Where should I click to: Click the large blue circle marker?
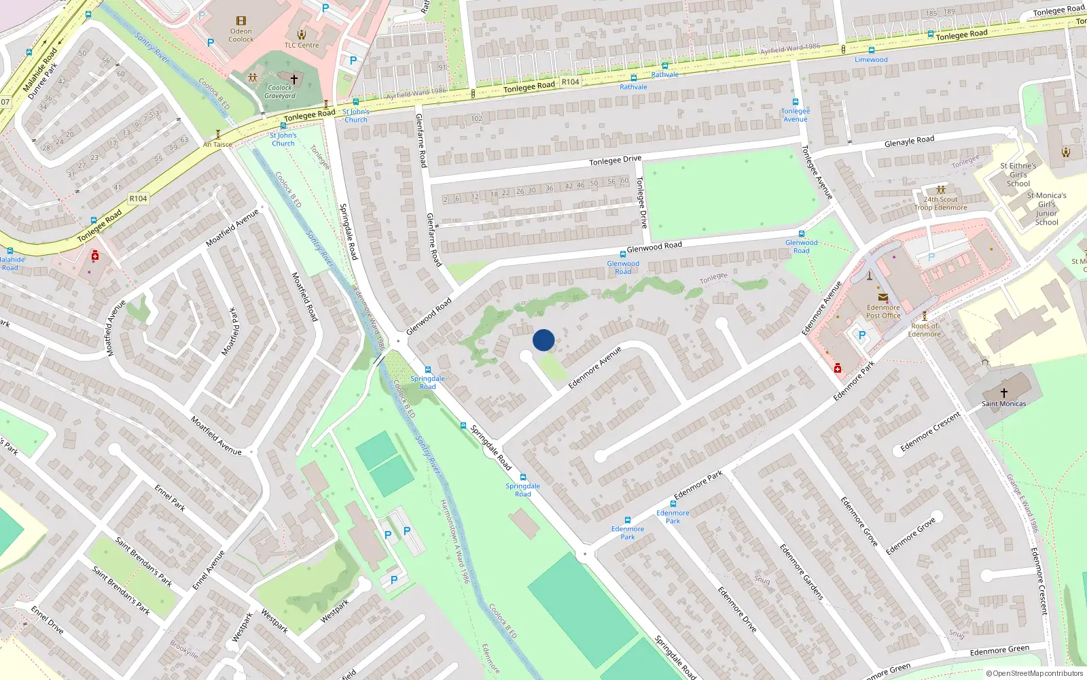[x=543, y=340]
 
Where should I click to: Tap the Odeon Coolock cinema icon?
[x=240, y=21]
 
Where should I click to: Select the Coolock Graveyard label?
[x=280, y=92]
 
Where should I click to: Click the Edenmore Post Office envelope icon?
[x=883, y=297]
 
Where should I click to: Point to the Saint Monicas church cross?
[x=1003, y=392]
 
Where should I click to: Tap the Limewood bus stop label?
[x=871, y=60]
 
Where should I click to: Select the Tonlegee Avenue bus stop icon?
[x=795, y=102]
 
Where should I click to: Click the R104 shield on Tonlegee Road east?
[x=570, y=82]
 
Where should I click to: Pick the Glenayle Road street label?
[x=909, y=141]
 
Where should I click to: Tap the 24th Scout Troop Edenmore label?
[x=940, y=204]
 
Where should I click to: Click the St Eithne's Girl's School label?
[x=1018, y=175]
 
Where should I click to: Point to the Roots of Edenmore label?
[x=924, y=330]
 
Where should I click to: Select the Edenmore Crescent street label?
[x=930, y=432]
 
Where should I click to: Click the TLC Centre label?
[x=302, y=46]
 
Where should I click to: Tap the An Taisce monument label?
[x=217, y=144]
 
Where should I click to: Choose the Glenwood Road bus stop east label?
[x=801, y=246]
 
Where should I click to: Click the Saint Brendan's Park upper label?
[x=143, y=562]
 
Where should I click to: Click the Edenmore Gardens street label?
[x=801, y=571]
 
